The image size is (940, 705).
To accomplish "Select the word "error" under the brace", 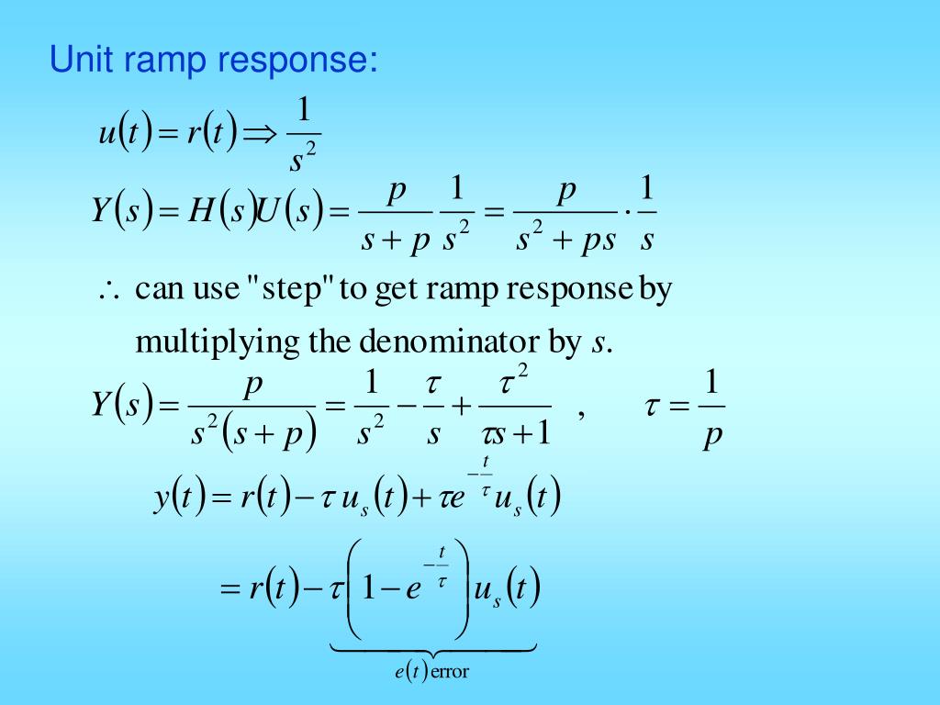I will tap(450, 672).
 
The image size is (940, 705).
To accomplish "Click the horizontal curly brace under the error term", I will tap(432, 650).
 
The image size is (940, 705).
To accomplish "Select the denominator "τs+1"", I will tap(516, 431).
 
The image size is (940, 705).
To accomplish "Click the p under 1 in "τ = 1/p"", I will tap(711, 434).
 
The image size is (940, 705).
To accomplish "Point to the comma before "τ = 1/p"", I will tap(581, 415).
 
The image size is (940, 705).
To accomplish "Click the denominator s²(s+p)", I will tap(252, 432).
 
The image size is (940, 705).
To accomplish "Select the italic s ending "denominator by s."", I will tap(598, 344).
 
